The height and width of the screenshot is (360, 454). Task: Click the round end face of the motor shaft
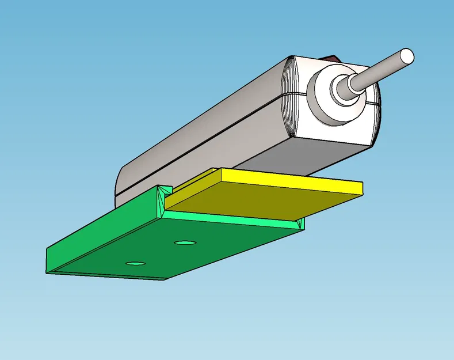[406, 56]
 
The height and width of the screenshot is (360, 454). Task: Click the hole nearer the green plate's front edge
[135, 263]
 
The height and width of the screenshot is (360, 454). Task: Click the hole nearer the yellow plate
[185, 242]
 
